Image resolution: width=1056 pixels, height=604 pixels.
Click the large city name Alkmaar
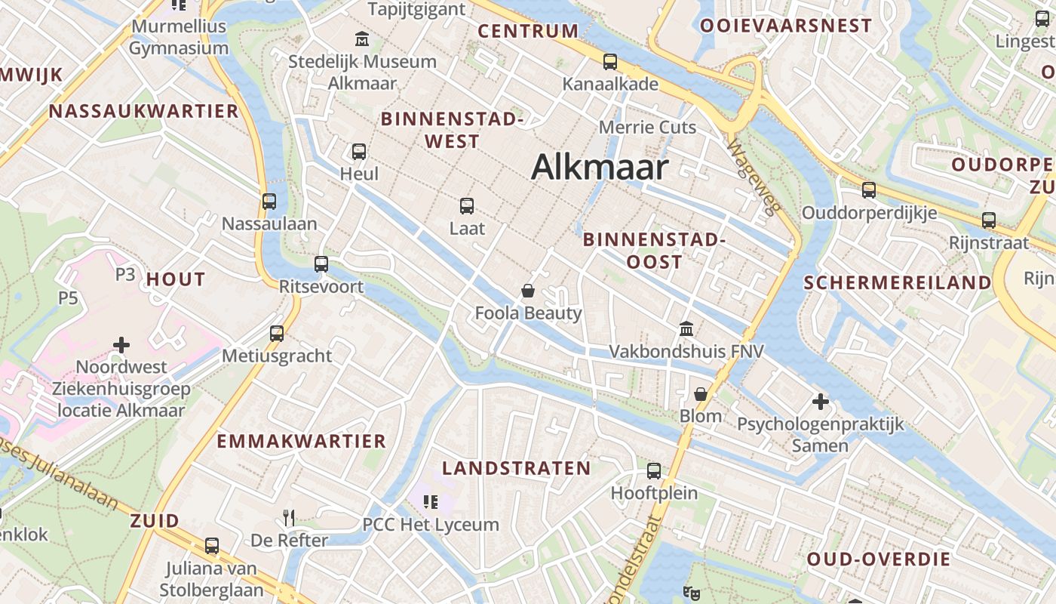pyautogui.click(x=600, y=167)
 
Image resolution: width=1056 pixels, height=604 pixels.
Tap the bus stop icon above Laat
pyautogui.click(x=467, y=205)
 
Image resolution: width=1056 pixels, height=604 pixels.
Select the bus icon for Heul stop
pyautogui.click(x=359, y=151)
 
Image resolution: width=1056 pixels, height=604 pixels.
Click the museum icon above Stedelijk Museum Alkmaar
pyautogui.click(x=362, y=38)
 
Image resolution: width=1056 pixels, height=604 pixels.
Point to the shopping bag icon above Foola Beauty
pyautogui.click(x=528, y=291)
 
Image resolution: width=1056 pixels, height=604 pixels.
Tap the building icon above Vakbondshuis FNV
pyautogui.click(x=686, y=328)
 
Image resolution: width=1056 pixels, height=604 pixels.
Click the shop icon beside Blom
pyautogui.click(x=701, y=393)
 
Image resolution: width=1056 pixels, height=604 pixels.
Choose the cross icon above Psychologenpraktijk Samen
pyautogui.click(x=821, y=402)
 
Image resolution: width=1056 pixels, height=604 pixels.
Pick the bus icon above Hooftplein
pyautogui.click(x=654, y=471)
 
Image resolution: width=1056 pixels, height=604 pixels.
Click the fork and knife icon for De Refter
pyautogui.click(x=289, y=517)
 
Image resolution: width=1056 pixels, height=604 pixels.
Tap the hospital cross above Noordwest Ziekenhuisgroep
pyautogui.click(x=121, y=345)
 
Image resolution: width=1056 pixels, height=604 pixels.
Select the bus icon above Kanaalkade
pyautogui.click(x=610, y=62)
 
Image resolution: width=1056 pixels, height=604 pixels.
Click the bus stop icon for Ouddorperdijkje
pyautogui.click(x=869, y=190)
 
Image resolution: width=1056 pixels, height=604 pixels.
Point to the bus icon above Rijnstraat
pyautogui.click(x=989, y=220)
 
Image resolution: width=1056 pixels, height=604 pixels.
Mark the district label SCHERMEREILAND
pyautogui.click(x=897, y=283)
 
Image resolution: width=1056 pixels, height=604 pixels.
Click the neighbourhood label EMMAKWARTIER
pyautogui.click(x=301, y=441)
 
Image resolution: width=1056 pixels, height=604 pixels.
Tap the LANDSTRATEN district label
pyautogui.click(x=517, y=468)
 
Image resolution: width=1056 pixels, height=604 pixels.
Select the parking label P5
pyautogui.click(x=68, y=298)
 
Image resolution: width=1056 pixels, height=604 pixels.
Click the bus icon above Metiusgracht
pyautogui.click(x=277, y=333)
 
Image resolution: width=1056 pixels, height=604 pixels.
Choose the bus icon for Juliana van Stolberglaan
pyautogui.click(x=212, y=546)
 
